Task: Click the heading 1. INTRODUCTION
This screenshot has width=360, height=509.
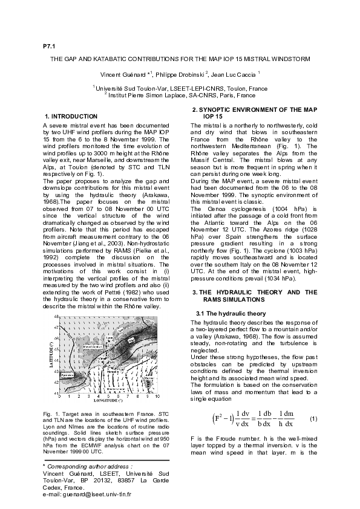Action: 71,115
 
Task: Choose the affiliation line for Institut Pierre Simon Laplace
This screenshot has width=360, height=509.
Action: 180,96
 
